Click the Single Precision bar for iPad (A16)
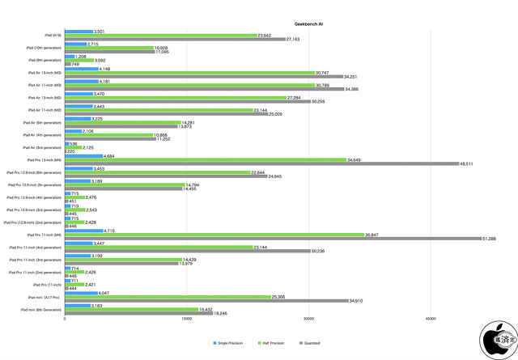pyautogui.click(x=79, y=32)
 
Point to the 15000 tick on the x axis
pyautogui.click(x=187, y=318)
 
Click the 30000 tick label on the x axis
pyautogui.click(x=309, y=318)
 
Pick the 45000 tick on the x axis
pyautogui.click(x=431, y=318)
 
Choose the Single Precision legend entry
pyautogui.click(x=230, y=343)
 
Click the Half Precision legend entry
pyautogui.click(x=274, y=343)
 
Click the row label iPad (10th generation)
pyautogui.click(x=45, y=48)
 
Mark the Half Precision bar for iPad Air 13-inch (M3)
pyautogui.click(x=189, y=73)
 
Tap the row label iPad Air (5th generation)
pyautogui.click(x=45, y=123)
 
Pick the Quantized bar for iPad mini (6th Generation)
pyautogui.click(x=138, y=314)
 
